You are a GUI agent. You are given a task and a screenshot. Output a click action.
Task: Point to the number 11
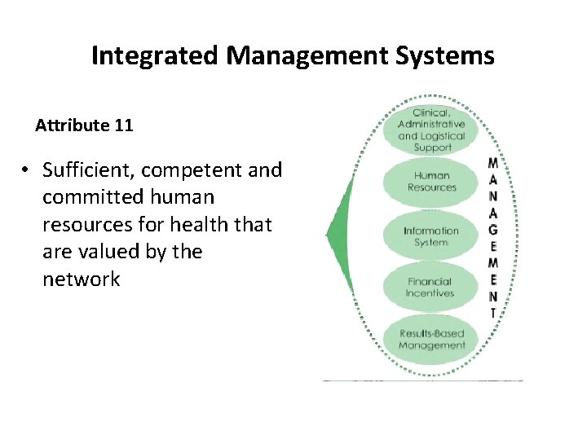[x=123, y=125]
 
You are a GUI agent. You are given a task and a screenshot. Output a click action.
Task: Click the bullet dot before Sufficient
[x=27, y=170]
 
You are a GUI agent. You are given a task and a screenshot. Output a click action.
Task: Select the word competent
[x=193, y=170]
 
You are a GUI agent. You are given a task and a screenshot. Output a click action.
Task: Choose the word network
[x=81, y=279]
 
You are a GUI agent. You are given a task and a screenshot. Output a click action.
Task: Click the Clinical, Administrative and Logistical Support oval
[x=431, y=130]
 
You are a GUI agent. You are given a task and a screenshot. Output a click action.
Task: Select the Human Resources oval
[x=431, y=182]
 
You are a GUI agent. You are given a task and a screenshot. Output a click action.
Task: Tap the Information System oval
[x=431, y=236]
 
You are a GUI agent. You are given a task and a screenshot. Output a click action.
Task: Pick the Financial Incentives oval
[x=431, y=288]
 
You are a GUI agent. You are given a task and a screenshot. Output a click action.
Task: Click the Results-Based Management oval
[x=431, y=339]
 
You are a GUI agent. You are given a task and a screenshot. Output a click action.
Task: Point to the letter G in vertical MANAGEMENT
[x=493, y=231]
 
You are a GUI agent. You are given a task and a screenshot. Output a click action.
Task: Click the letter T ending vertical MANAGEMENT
[x=493, y=312]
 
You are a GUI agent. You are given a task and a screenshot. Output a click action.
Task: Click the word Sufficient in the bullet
[x=82, y=170]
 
